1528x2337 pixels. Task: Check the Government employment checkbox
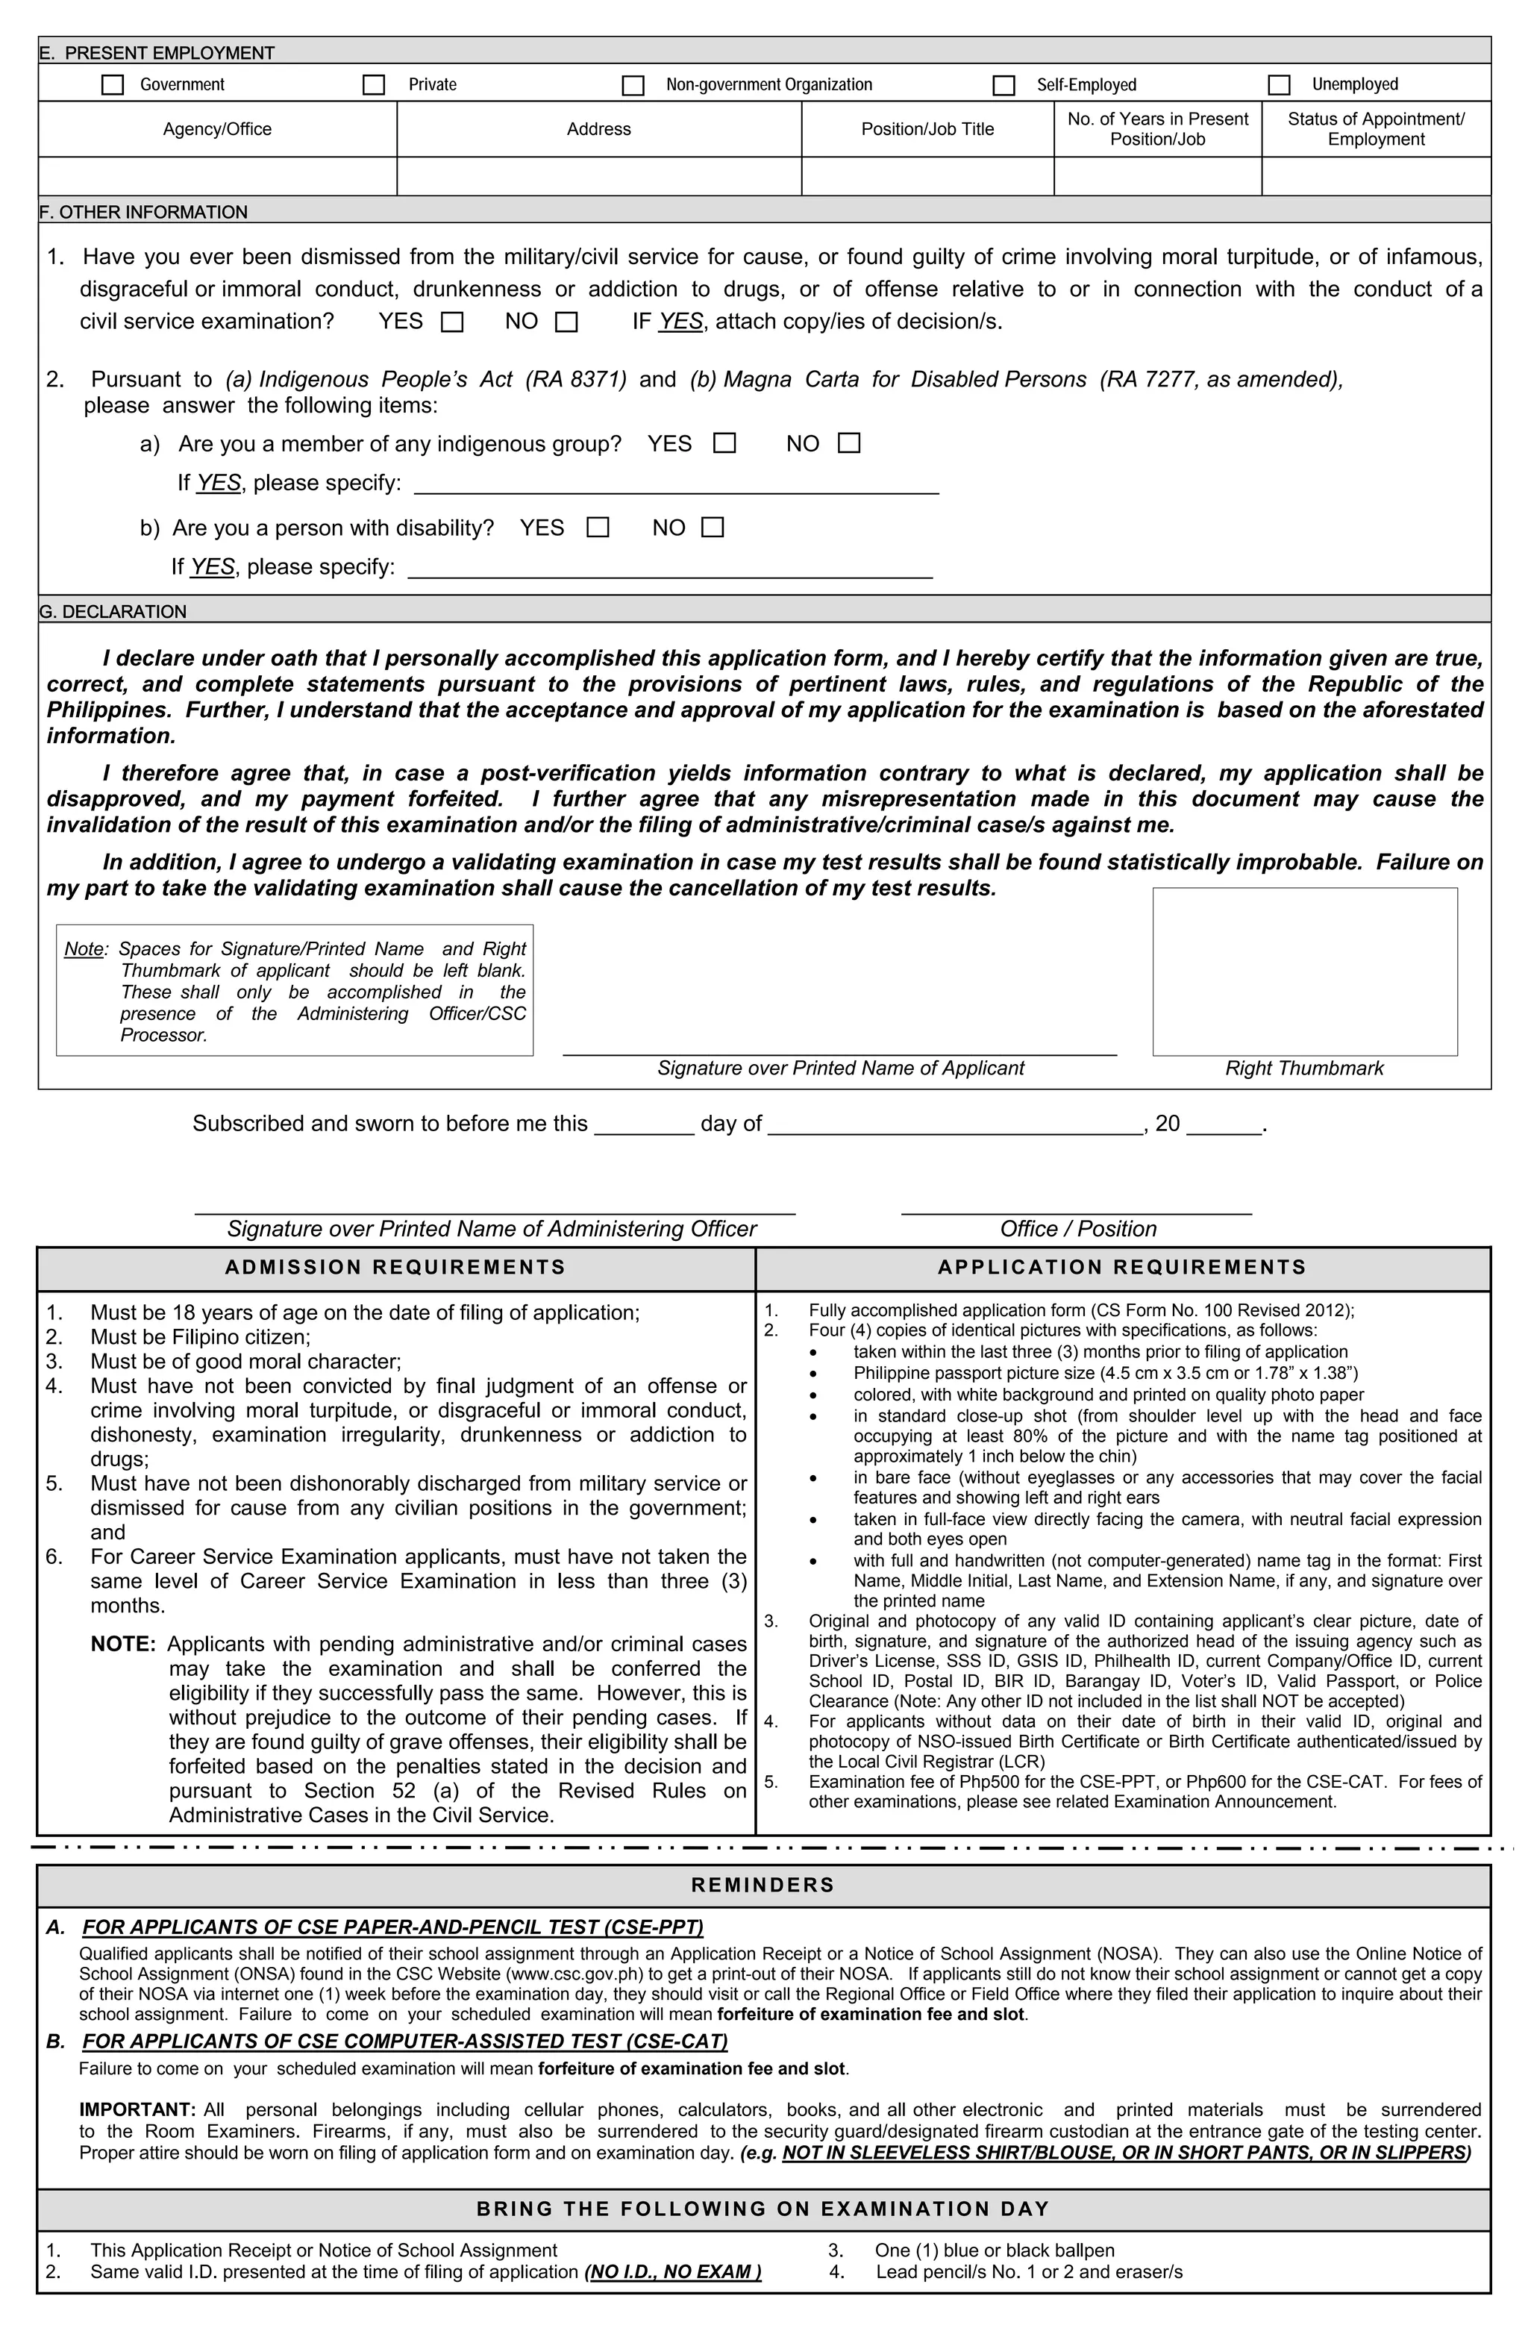pos(113,84)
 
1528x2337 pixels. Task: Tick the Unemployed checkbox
pos(1279,84)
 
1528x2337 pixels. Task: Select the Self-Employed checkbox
pos(1003,84)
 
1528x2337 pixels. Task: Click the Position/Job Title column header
pos(927,128)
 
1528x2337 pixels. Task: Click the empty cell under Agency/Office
pos(217,176)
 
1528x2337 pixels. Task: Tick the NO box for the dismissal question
pos(566,322)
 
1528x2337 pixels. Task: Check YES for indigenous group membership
pos(724,443)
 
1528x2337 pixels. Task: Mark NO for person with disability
pos(713,528)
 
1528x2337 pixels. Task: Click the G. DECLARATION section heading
pos(113,611)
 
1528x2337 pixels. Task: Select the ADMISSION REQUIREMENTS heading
pos(395,1267)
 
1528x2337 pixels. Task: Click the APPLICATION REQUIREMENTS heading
pos(1121,1267)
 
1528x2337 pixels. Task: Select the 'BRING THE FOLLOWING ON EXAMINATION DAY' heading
pos(763,2209)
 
